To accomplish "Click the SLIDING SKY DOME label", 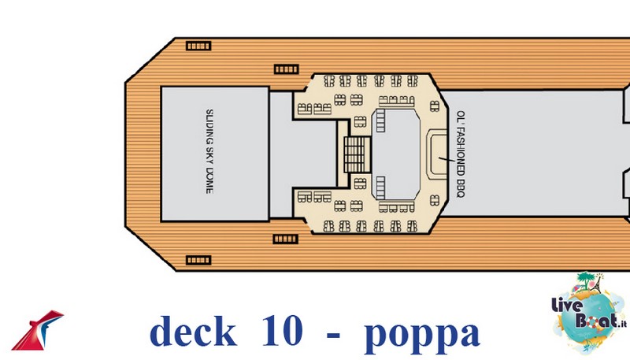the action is coord(209,151).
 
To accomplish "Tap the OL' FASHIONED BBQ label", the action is coord(461,154).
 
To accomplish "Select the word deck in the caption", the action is coord(193,331).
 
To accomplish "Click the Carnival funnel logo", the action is coord(37,330).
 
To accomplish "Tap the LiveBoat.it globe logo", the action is coord(588,314).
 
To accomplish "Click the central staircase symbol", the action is coord(357,154).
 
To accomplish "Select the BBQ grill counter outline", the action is coord(437,154).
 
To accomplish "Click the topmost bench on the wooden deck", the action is coord(198,46).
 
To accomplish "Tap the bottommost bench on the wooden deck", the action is coord(198,261).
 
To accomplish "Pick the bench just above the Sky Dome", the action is coord(287,69).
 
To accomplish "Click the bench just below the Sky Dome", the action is coord(286,239).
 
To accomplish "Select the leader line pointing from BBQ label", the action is coord(447,159).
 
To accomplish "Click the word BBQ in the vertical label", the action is coord(461,188).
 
